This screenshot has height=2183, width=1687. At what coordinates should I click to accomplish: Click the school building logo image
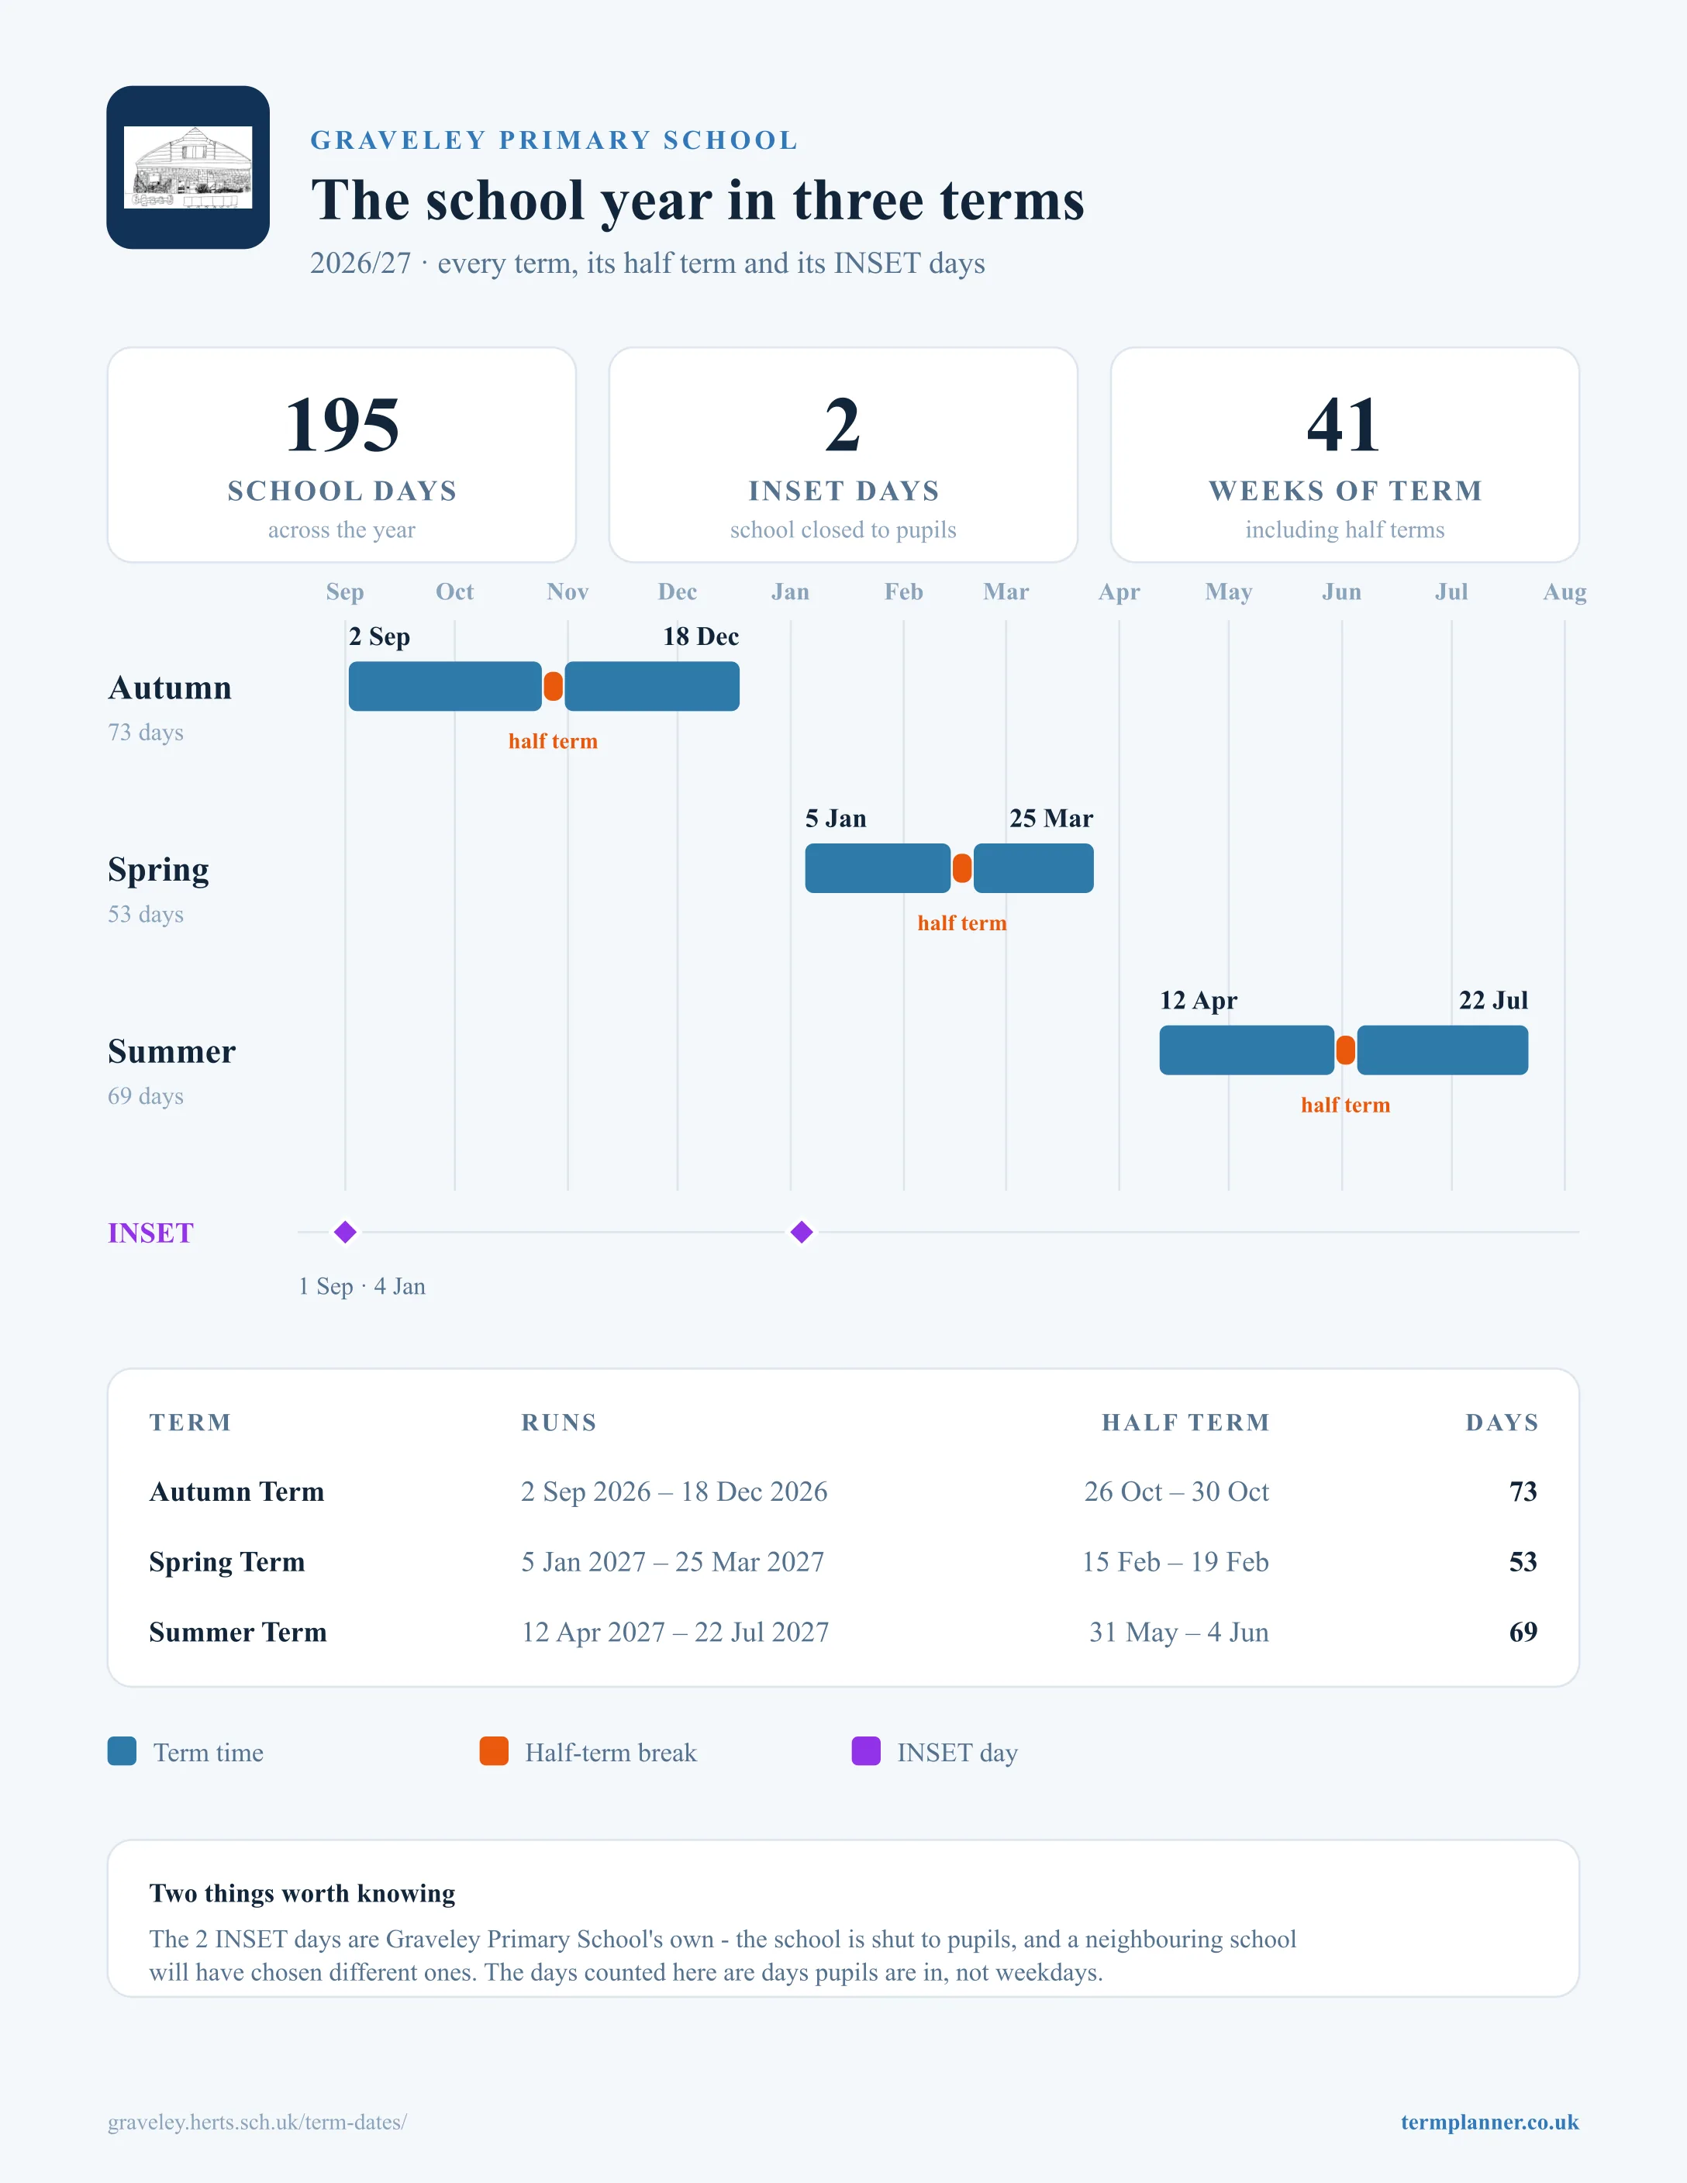click(x=188, y=167)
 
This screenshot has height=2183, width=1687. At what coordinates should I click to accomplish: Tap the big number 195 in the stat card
click(x=342, y=425)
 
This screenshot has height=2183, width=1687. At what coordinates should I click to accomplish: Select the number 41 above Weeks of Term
click(x=1344, y=425)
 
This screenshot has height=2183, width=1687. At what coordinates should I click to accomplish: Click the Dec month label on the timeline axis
click(x=678, y=591)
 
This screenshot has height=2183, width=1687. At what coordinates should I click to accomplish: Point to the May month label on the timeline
click(x=1228, y=591)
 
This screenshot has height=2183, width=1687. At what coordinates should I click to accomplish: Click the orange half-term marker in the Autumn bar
click(x=553, y=687)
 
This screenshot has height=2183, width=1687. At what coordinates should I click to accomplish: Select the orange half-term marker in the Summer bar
click(x=1345, y=1050)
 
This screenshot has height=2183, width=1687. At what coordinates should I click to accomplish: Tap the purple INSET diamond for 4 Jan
click(x=802, y=1233)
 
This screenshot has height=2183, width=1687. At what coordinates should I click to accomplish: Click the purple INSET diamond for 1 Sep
click(x=346, y=1233)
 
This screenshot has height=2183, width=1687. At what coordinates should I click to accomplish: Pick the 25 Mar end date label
click(x=1051, y=819)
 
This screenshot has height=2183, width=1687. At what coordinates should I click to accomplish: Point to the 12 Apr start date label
click(x=1199, y=1001)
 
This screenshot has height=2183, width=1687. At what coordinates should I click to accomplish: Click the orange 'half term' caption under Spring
click(x=962, y=923)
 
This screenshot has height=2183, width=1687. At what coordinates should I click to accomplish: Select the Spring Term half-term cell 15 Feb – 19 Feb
click(x=1175, y=1561)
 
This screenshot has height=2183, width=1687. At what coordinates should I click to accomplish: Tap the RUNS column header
click(x=559, y=1423)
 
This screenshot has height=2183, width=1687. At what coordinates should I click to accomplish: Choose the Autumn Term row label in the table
click(x=237, y=1492)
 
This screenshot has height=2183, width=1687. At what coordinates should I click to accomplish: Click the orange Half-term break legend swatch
click(x=494, y=1751)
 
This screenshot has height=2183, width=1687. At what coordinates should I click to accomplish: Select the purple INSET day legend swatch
click(x=865, y=1751)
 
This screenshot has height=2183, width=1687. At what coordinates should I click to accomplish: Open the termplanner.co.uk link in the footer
click(x=1489, y=2122)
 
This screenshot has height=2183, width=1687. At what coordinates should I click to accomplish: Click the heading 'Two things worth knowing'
click(x=302, y=1893)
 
